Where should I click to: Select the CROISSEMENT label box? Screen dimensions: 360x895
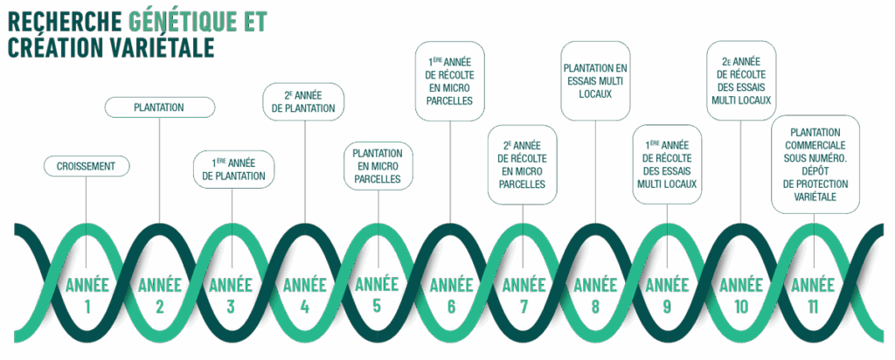87,165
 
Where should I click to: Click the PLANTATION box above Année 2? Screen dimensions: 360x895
159,107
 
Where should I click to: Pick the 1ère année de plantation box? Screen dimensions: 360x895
233,169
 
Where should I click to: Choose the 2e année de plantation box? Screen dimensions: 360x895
305,101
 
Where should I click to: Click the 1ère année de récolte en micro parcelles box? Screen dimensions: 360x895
450,81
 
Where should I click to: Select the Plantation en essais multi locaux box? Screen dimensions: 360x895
595,80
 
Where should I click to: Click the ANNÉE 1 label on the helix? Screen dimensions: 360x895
87,285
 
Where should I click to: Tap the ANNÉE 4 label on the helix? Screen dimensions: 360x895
305,285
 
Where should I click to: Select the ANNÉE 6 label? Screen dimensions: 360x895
451,285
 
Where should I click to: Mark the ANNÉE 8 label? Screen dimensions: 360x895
596,285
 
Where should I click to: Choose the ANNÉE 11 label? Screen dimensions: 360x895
814,285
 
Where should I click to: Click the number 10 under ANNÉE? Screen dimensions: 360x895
741,307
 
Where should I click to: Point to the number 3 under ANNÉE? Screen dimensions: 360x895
232,307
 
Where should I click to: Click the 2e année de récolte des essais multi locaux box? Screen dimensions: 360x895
741,80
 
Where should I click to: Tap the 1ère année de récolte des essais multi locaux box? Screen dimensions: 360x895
668,164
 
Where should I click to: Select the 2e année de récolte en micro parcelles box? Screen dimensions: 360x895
523,164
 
